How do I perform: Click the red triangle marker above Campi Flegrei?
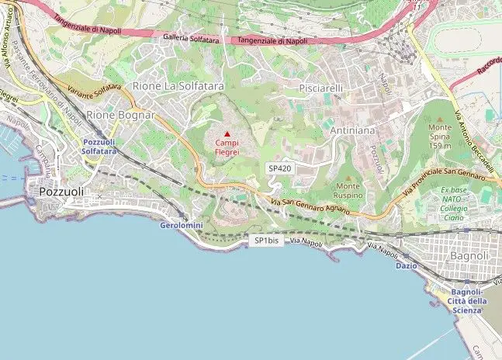point(227,134)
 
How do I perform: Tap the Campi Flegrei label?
point(227,147)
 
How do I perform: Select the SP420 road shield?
point(279,168)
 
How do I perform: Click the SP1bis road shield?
point(266,241)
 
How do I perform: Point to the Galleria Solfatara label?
point(191,37)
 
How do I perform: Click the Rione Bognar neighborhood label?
point(120,115)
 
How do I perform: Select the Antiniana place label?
point(352,132)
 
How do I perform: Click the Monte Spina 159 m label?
point(440,136)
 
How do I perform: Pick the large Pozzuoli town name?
point(62,191)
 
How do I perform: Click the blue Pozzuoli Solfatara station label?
point(99,147)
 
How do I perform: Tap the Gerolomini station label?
point(181,225)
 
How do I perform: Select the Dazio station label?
point(406,265)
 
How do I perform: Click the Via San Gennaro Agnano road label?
point(310,208)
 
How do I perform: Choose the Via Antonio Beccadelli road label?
point(473,140)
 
